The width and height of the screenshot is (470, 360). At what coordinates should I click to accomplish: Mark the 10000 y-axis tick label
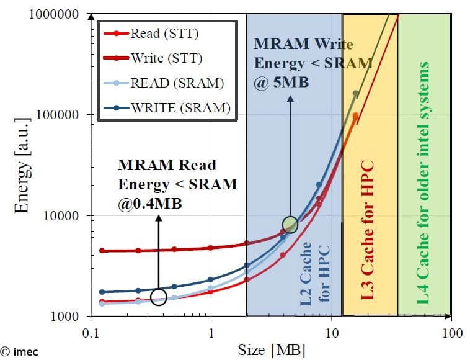(x=60, y=215)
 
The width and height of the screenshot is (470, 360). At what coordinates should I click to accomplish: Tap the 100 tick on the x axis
(x=451, y=333)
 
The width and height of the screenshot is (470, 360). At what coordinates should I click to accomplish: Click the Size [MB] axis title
(x=271, y=350)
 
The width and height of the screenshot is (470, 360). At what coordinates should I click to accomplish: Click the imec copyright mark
(x=19, y=352)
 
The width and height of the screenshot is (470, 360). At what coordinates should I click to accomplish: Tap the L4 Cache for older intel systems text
(x=423, y=182)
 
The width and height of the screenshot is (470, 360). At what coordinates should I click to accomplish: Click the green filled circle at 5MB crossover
(x=290, y=224)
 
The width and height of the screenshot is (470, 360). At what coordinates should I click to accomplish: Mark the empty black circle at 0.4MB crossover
(x=158, y=298)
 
